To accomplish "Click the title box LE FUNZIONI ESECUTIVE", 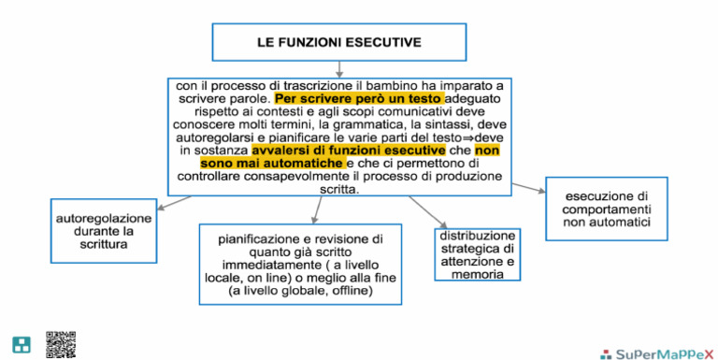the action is pyautogui.click(x=338, y=42).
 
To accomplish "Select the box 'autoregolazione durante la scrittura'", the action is pyautogui.click(x=91, y=231).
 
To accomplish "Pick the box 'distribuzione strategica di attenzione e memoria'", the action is pyautogui.click(x=477, y=254).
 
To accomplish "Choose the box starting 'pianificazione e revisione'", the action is pyautogui.click(x=301, y=265).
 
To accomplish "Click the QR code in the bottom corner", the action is pyautogui.click(x=60, y=343).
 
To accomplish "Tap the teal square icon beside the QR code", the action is pyautogui.click(x=21, y=344).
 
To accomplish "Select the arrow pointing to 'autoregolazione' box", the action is pyautogui.click(x=173, y=202).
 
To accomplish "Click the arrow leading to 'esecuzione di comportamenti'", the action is pyautogui.click(x=528, y=188).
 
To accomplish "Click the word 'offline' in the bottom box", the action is pyautogui.click(x=352, y=292).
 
